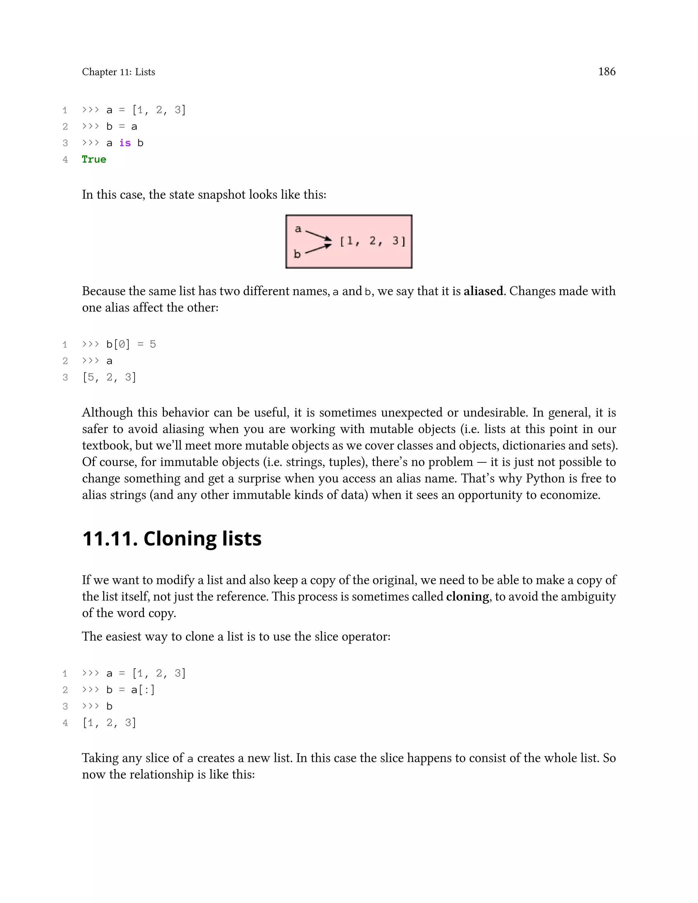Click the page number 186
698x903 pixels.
tap(607, 72)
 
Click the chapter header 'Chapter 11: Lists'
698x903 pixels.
tap(118, 72)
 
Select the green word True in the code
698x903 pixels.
tap(94, 159)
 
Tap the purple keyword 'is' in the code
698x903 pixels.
tap(125, 143)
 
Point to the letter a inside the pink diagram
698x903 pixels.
tap(298, 229)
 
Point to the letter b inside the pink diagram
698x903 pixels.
tap(297, 254)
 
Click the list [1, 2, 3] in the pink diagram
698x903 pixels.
tap(373, 241)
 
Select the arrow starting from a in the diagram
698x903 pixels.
tap(318, 235)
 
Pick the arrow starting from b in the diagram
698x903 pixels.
tap(318, 248)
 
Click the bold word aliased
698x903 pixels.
tap(483, 291)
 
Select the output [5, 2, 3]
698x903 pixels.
tap(109, 377)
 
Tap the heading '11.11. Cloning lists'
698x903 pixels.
tap(172, 538)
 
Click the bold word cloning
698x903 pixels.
tap(467, 596)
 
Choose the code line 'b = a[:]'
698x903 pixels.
tap(130, 690)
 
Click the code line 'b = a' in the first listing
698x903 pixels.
tap(122, 126)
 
